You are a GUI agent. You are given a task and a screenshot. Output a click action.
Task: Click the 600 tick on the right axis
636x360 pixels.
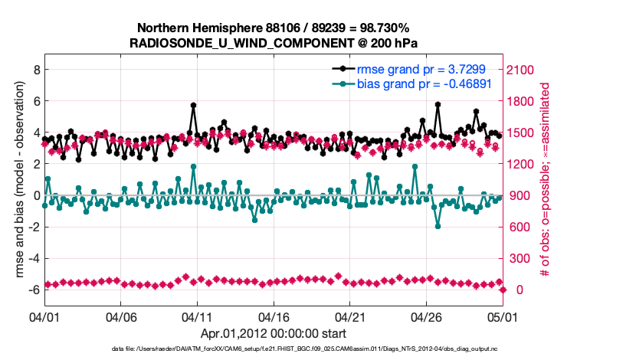click(x=520, y=227)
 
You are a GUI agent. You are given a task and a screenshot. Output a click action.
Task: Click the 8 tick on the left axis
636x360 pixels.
click(x=35, y=69)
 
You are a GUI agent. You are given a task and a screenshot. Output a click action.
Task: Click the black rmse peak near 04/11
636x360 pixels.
click(x=193, y=105)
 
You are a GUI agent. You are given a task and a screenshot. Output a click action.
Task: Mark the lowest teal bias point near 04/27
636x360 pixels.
click(x=438, y=226)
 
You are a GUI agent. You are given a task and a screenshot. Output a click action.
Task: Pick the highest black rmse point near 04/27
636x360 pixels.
click(x=438, y=104)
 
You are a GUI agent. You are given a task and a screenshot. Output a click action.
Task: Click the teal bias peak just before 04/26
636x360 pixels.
click(x=415, y=166)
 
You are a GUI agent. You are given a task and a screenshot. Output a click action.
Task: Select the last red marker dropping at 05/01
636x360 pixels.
click(x=503, y=290)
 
